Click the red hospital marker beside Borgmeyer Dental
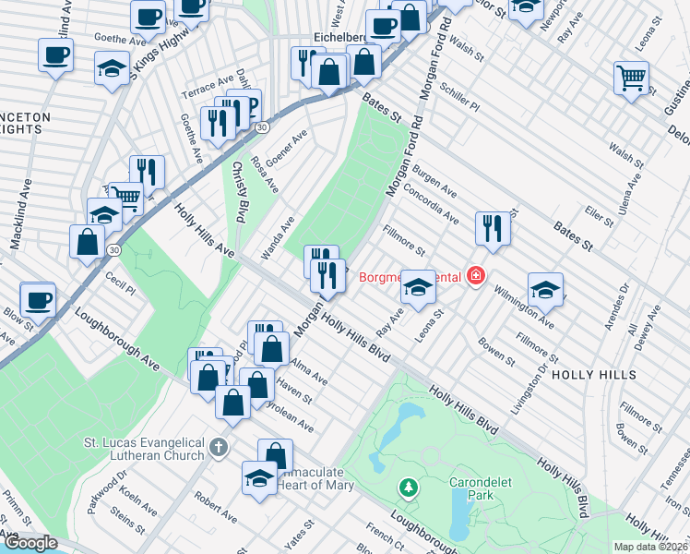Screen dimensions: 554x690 point(475,276)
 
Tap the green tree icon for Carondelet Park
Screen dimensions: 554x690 point(407,486)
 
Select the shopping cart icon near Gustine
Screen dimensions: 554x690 point(631,78)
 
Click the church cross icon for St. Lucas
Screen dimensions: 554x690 point(218,448)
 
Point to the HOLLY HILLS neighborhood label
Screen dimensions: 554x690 point(594,375)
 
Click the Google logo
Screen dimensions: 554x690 point(30,543)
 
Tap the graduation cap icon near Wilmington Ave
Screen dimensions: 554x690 point(545,289)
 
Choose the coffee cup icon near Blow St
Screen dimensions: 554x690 point(38,299)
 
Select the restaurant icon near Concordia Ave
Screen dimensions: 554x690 point(493,228)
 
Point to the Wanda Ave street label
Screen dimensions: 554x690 point(277,236)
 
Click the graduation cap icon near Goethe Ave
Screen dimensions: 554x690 point(113,68)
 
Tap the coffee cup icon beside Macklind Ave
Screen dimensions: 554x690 point(55,54)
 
